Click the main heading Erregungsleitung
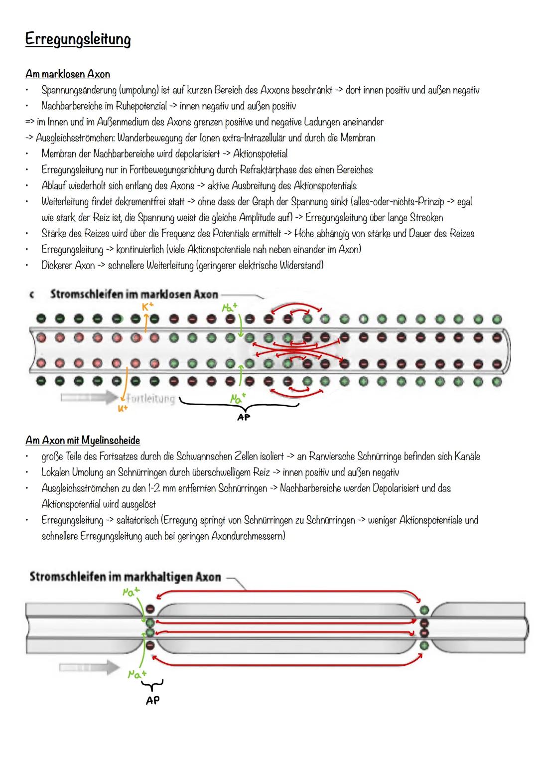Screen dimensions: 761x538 click(x=78, y=40)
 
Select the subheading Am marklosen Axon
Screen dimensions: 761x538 click(x=68, y=74)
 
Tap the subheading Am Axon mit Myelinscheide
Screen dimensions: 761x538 click(x=83, y=441)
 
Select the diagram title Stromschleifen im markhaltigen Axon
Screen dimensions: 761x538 click(x=125, y=577)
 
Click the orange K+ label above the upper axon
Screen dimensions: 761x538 click(x=147, y=308)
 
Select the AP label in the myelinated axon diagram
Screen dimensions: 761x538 click(x=152, y=700)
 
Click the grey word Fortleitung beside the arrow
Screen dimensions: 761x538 click(x=150, y=399)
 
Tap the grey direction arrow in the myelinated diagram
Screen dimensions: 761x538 click(x=89, y=668)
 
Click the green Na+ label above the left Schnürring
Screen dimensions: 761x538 click(x=132, y=591)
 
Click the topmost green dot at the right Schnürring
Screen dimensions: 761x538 click(x=424, y=609)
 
